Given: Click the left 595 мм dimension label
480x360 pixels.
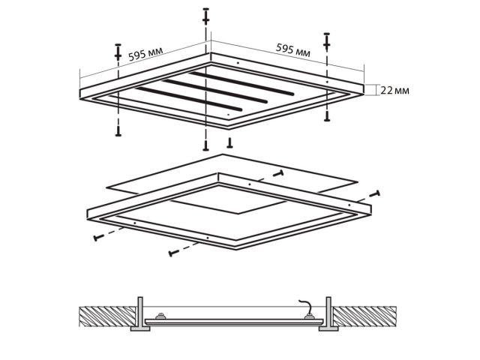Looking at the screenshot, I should pos(146,55).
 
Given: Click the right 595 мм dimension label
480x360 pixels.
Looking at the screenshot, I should pos(293,51).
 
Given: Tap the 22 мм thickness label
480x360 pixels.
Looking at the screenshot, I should pos(394,90).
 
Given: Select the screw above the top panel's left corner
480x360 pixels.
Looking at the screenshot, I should pos(118,52).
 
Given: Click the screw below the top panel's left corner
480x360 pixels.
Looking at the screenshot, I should pos(118,130).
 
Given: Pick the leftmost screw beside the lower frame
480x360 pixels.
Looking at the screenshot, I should pos(98,238).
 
